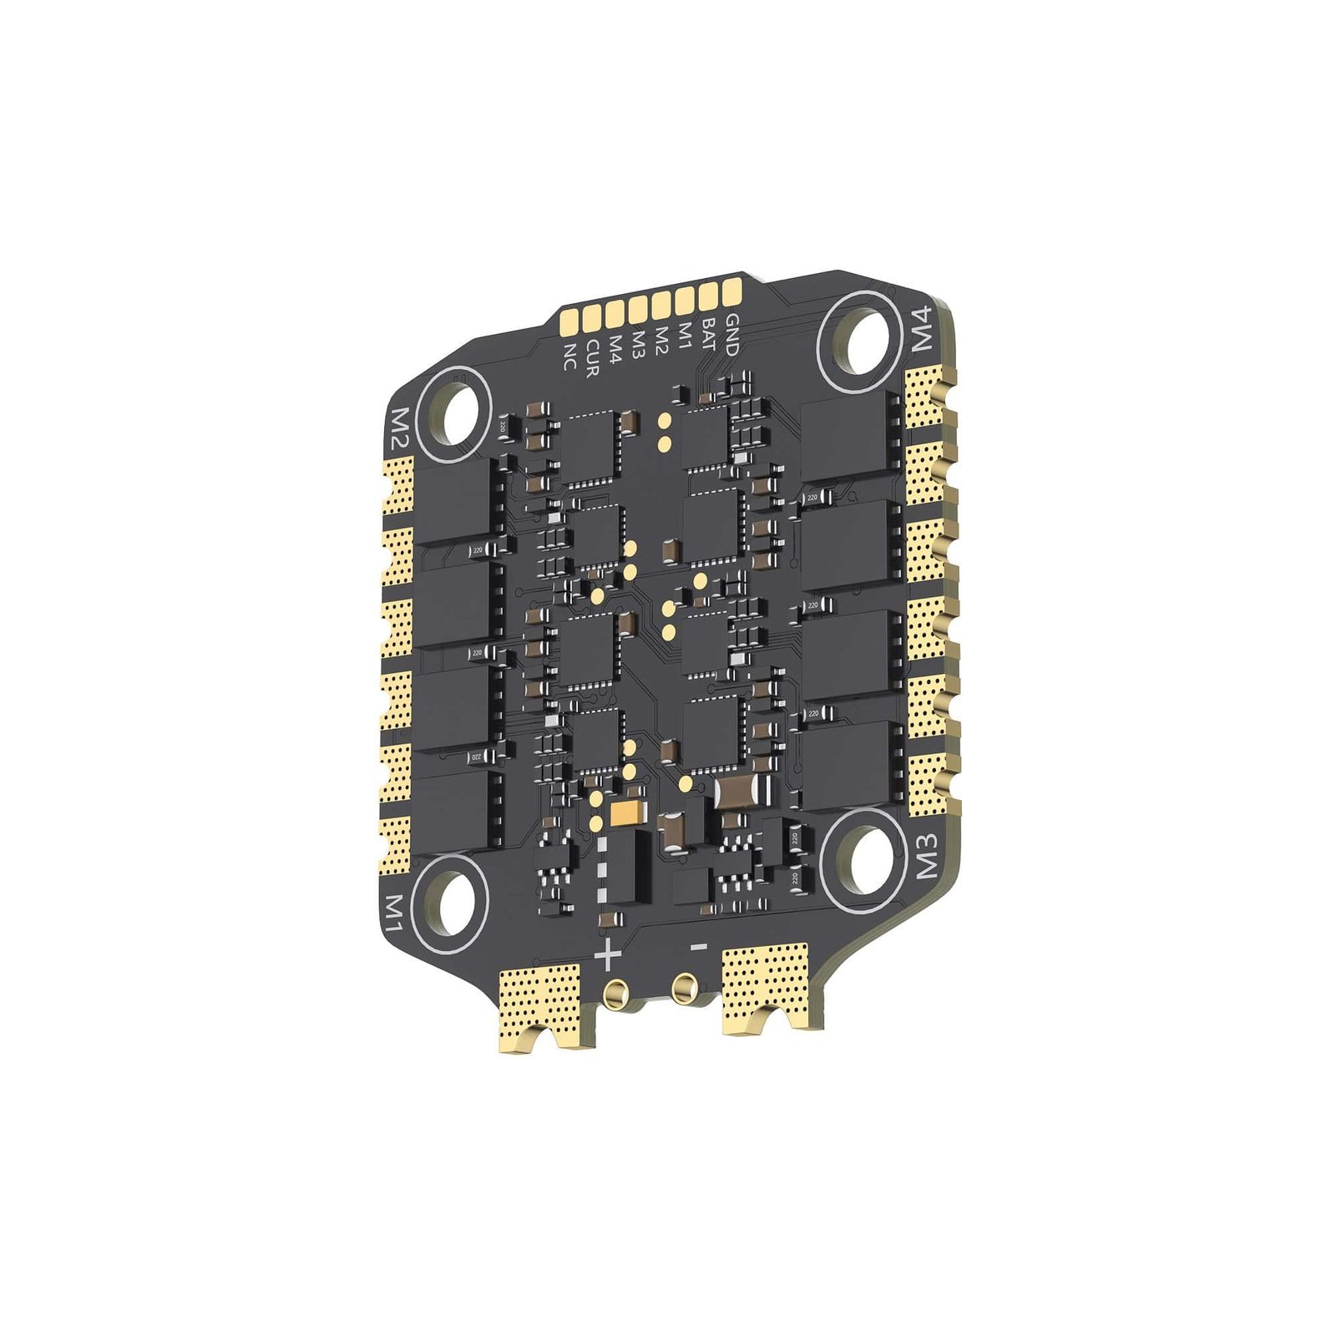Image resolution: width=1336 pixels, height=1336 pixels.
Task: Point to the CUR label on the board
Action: click(592, 357)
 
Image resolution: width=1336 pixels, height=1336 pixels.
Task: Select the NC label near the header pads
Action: click(570, 357)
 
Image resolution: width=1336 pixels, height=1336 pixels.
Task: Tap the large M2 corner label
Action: click(397, 428)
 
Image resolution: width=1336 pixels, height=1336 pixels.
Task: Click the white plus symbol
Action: click(609, 954)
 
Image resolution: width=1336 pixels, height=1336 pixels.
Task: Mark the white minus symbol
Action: click(700, 946)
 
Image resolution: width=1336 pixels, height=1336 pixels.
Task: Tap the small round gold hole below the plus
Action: click(616, 993)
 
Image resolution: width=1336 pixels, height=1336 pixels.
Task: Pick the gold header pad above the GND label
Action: click(731, 291)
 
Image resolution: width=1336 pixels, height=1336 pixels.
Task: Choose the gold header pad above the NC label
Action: click(572, 321)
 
